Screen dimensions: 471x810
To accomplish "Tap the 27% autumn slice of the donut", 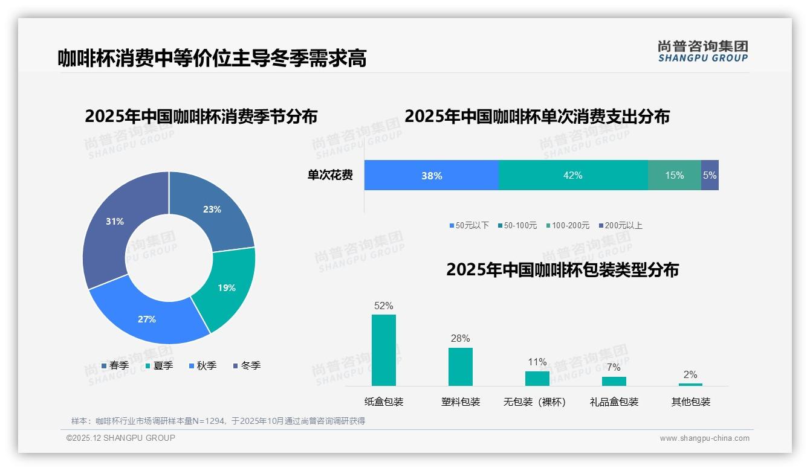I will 147,318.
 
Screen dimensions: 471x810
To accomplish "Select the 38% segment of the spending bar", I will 432,175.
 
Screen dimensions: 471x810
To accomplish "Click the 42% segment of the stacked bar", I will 573,175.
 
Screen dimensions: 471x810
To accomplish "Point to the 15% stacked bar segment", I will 675,175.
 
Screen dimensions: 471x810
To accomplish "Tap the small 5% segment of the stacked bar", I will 710,175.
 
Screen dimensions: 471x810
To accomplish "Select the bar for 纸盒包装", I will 384,350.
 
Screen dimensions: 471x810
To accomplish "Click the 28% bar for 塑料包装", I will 461,367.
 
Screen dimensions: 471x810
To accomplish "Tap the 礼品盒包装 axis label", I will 614,402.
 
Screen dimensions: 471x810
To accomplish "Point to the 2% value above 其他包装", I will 690,374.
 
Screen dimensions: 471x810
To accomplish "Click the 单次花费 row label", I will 330,175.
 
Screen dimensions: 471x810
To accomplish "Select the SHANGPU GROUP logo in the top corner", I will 702,51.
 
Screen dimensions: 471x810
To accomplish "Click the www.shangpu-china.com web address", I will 704,438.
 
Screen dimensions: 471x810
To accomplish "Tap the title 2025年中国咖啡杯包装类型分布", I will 562,269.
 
